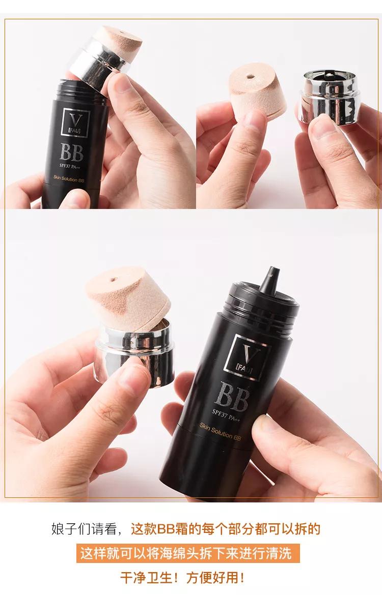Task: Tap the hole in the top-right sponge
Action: coord(250,77)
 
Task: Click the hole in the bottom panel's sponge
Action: coord(114,280)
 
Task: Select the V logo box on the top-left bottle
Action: coord(76,123)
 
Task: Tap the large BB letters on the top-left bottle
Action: coord(71,152)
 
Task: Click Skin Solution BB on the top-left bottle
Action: coord(69,179)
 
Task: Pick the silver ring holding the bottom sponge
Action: coord(134,351)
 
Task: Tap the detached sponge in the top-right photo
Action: coord(258,93)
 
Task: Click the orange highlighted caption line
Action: coord(188,553)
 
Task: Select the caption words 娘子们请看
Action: coord(84,528)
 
